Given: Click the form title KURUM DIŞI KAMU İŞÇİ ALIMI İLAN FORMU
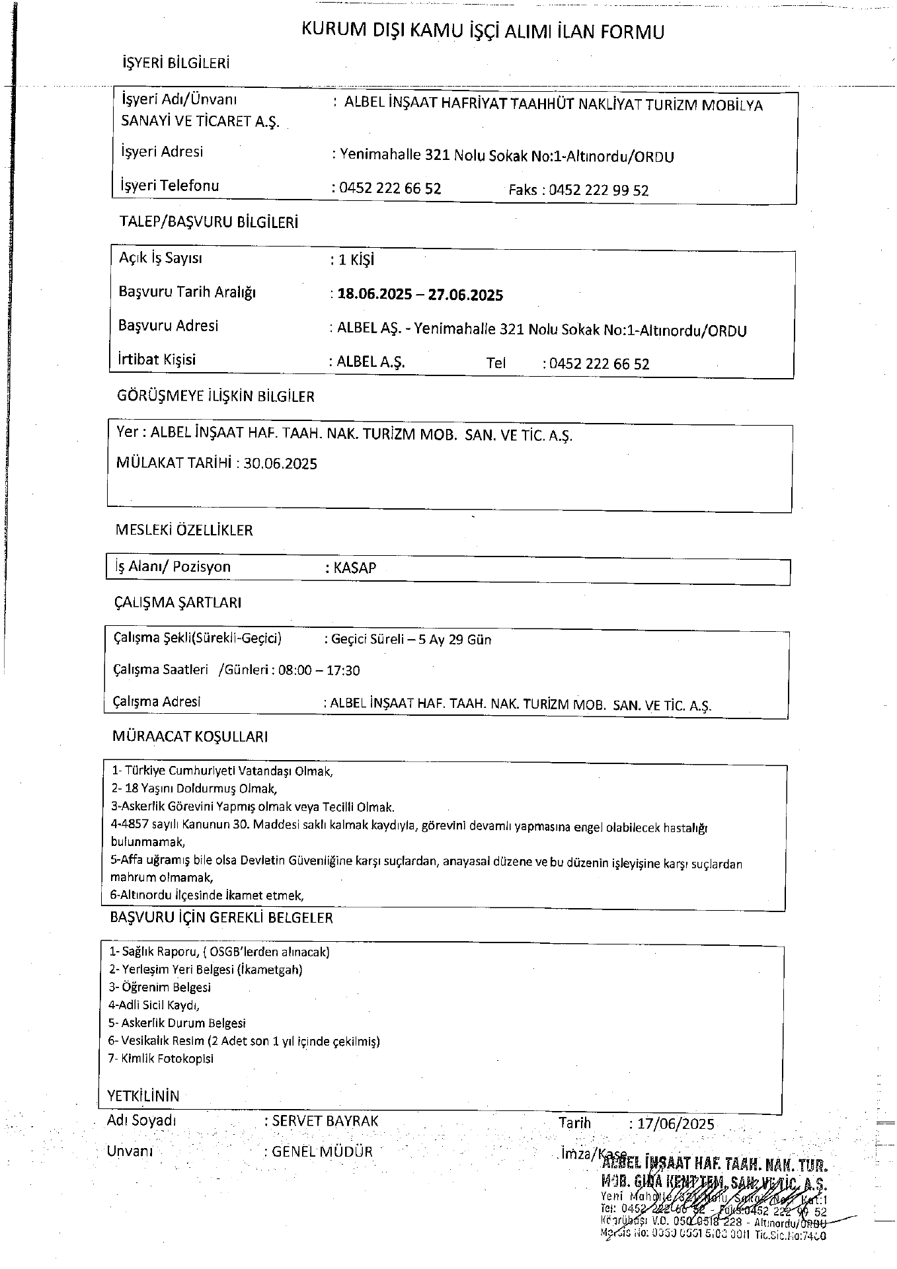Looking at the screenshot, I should [483, 31].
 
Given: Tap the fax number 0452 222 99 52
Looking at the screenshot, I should [599, 190].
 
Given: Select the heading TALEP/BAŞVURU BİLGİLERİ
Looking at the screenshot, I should [208, 222].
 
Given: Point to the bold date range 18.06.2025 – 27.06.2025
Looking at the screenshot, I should [420, 295].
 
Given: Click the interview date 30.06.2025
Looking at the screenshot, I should [280, 463].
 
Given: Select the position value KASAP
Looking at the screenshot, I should [355, 568].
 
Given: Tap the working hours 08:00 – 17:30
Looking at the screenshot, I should [319, 671].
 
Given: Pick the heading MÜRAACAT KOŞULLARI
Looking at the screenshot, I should [190, 736].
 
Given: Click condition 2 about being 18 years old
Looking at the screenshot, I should [194, 788].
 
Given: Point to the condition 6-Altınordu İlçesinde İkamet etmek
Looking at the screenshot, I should [207, 896].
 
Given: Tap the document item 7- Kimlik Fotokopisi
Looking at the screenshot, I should [161, 1058].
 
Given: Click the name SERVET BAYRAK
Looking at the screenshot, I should [325, 1121].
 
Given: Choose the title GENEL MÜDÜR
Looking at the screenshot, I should [323, 1151].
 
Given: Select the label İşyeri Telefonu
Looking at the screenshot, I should [169, 186].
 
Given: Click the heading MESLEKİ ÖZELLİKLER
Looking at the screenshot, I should [184, 530].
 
